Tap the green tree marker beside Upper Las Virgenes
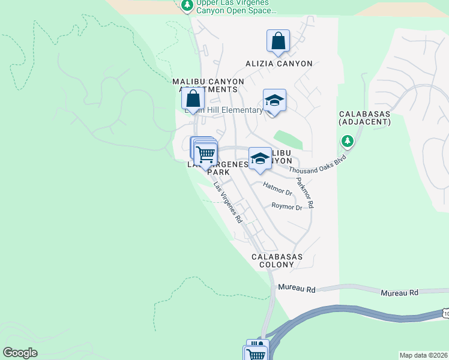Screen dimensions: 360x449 187,6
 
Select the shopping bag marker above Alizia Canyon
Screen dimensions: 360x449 278,41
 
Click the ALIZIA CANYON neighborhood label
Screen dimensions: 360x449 279,64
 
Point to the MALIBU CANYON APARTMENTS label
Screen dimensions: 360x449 208,85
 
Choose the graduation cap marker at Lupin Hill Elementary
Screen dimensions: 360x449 274,100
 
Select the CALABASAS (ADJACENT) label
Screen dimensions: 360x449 365,118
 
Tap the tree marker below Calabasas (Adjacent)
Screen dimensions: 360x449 347,142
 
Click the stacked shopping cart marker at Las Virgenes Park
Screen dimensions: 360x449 205,154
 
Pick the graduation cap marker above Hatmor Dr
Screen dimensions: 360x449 260,158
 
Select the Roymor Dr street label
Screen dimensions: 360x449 287,207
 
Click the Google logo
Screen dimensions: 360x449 20,353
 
